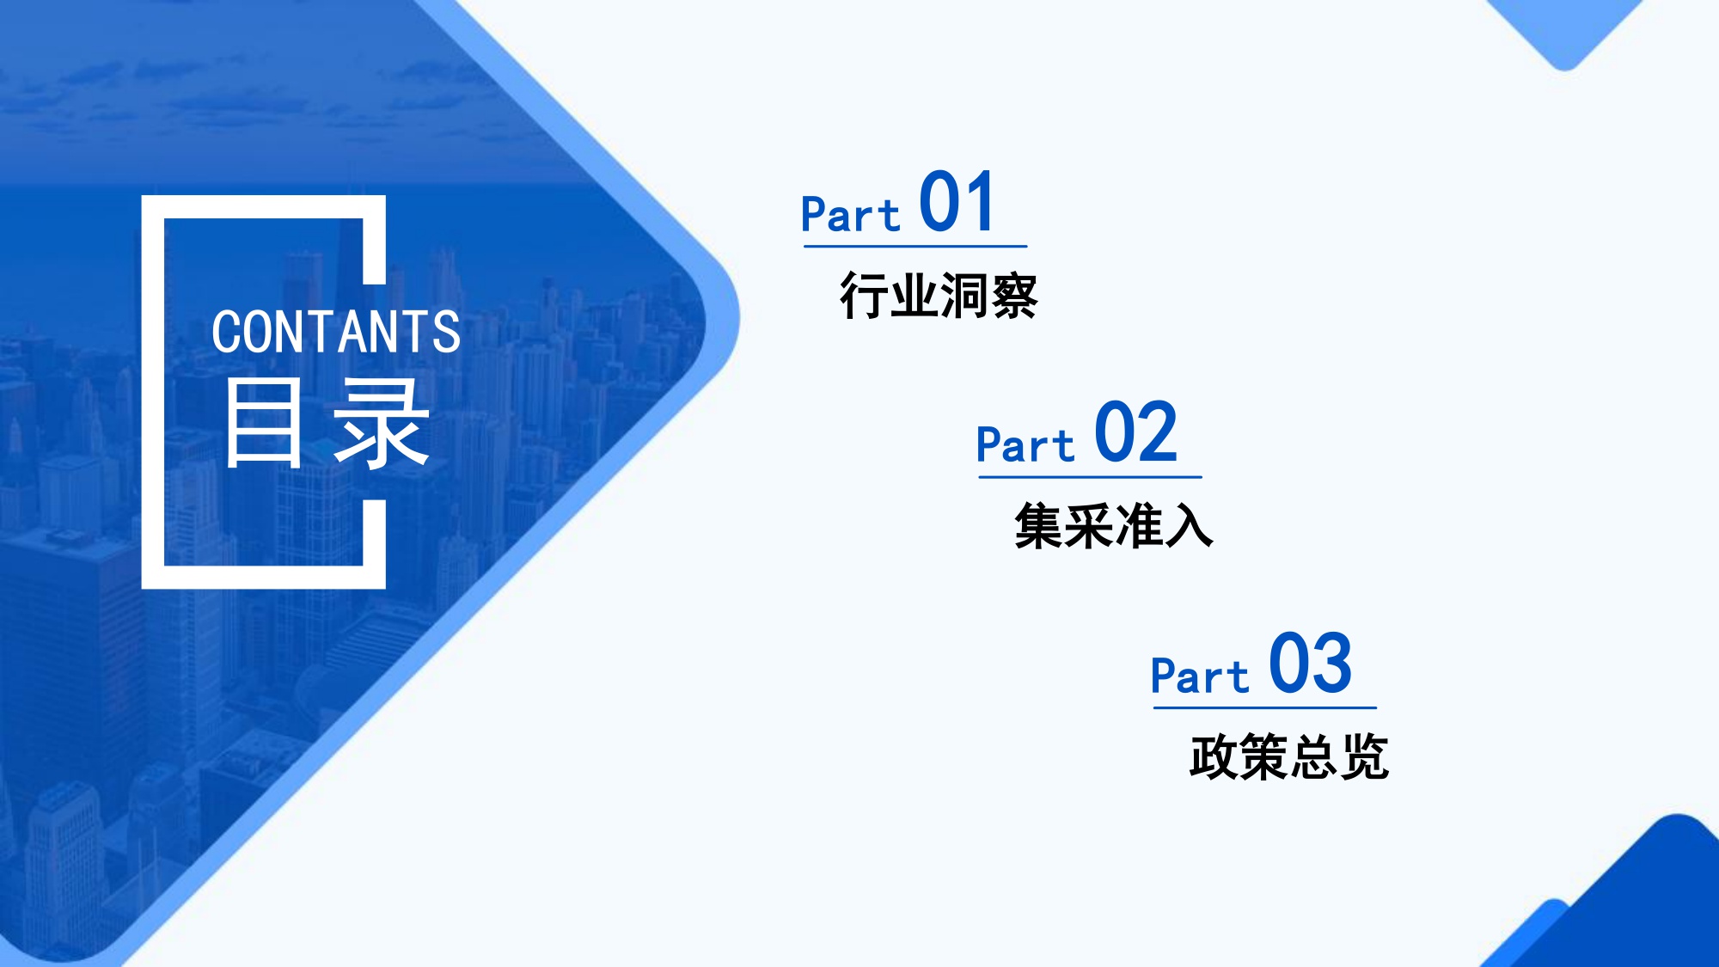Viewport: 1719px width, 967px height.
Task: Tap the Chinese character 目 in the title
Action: tap(264, 424)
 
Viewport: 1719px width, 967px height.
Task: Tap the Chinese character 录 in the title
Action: tap(381, 424)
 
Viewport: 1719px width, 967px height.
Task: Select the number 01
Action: tap(957, 203)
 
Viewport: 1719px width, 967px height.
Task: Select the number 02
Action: tap(1135, 433)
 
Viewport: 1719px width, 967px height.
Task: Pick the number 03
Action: tap(1310, 664)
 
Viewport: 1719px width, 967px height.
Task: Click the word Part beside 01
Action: tap(849, 214)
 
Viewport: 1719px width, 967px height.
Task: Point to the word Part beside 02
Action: tap(1025, 445)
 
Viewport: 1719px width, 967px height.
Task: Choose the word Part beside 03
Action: tap(1199, 676)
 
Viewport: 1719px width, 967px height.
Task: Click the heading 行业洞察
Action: tap(939, 297)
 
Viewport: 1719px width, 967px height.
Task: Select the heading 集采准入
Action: tap(1113, 526)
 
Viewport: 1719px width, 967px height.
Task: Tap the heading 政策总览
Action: tap(1288, 757)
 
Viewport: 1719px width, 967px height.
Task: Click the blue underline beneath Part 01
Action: tap(915, 246)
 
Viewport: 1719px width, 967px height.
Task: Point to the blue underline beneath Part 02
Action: tap(1090, 476)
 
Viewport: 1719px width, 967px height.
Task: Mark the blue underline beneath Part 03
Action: tap(1264, 707)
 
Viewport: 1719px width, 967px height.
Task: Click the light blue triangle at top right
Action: tap(1565, 30)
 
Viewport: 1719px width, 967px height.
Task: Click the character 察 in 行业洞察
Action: tap(1014, 297)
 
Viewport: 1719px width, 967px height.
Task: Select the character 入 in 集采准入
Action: tap(1190, 526)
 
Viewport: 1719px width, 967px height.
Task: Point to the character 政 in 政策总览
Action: tap(1214, 757)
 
